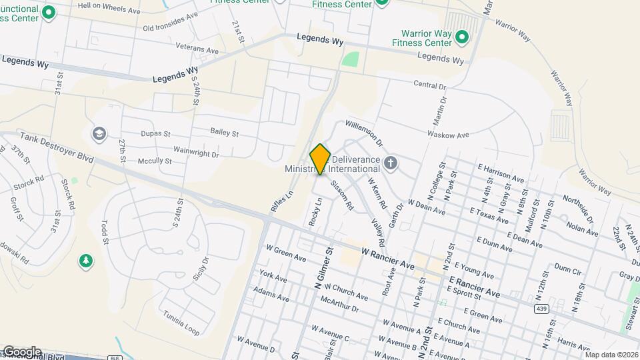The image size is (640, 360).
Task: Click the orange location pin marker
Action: point(320,159)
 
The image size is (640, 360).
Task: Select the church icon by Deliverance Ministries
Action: point(391,162)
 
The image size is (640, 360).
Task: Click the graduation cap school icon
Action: point(99,134)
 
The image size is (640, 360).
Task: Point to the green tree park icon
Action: point(85,259)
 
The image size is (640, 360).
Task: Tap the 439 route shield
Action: point(541,308)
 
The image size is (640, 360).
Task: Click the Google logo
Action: point(21,351)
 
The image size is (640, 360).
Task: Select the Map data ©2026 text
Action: point(611,355)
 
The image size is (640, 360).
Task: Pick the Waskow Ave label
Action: point(449,135)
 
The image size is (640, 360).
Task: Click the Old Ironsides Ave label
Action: point(171,22)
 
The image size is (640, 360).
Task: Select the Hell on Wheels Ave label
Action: point(109,7)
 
